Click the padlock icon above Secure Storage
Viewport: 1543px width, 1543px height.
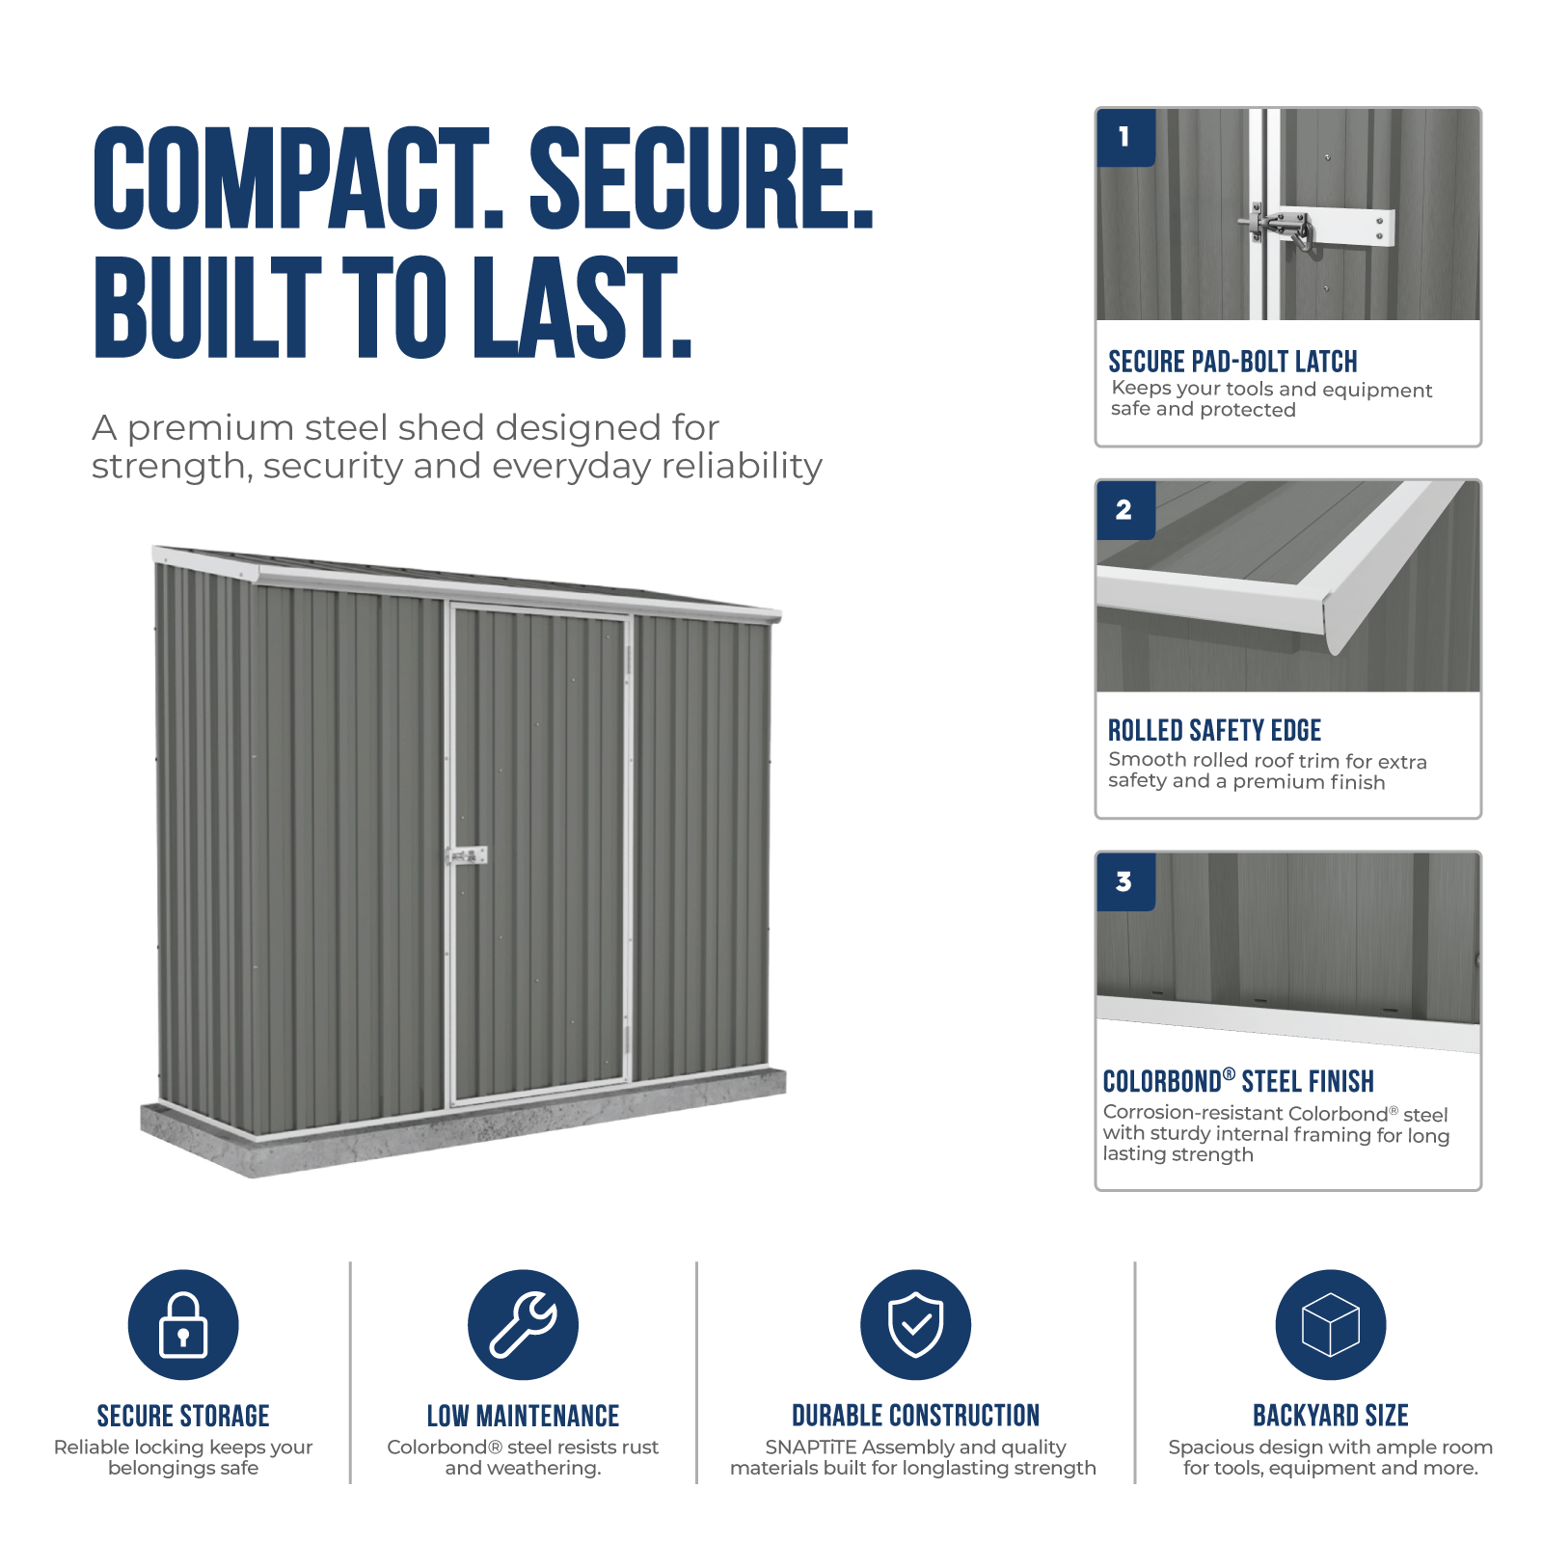pos(183,1324)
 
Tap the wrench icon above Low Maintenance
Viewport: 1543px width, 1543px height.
pos(523,1324)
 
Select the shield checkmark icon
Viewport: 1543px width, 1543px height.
pos(915,1324)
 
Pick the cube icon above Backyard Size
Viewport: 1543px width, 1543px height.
pos(1331,1324)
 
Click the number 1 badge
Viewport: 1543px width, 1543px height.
pos(1125,138)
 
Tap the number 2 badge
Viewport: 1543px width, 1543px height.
pos(1125,510)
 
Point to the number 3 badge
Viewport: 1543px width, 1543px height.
pos(1125,881)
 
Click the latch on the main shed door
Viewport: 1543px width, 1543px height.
pos(467,855)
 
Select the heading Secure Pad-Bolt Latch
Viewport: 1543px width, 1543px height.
pos(1232,362)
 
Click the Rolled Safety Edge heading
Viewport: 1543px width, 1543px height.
pos(1214,730)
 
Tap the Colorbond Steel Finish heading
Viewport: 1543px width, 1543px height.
pos(1238,1081)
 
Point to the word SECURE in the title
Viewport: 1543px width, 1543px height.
pos(702,179)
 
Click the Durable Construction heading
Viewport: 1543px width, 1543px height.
pos(915,1416)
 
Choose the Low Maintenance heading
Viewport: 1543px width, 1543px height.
pos(523,1416)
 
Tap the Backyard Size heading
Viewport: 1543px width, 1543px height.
pos(1331,1416)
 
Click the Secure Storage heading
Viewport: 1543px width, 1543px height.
pos(183,1416)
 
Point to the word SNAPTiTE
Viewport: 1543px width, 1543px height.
pos(811,1448)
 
